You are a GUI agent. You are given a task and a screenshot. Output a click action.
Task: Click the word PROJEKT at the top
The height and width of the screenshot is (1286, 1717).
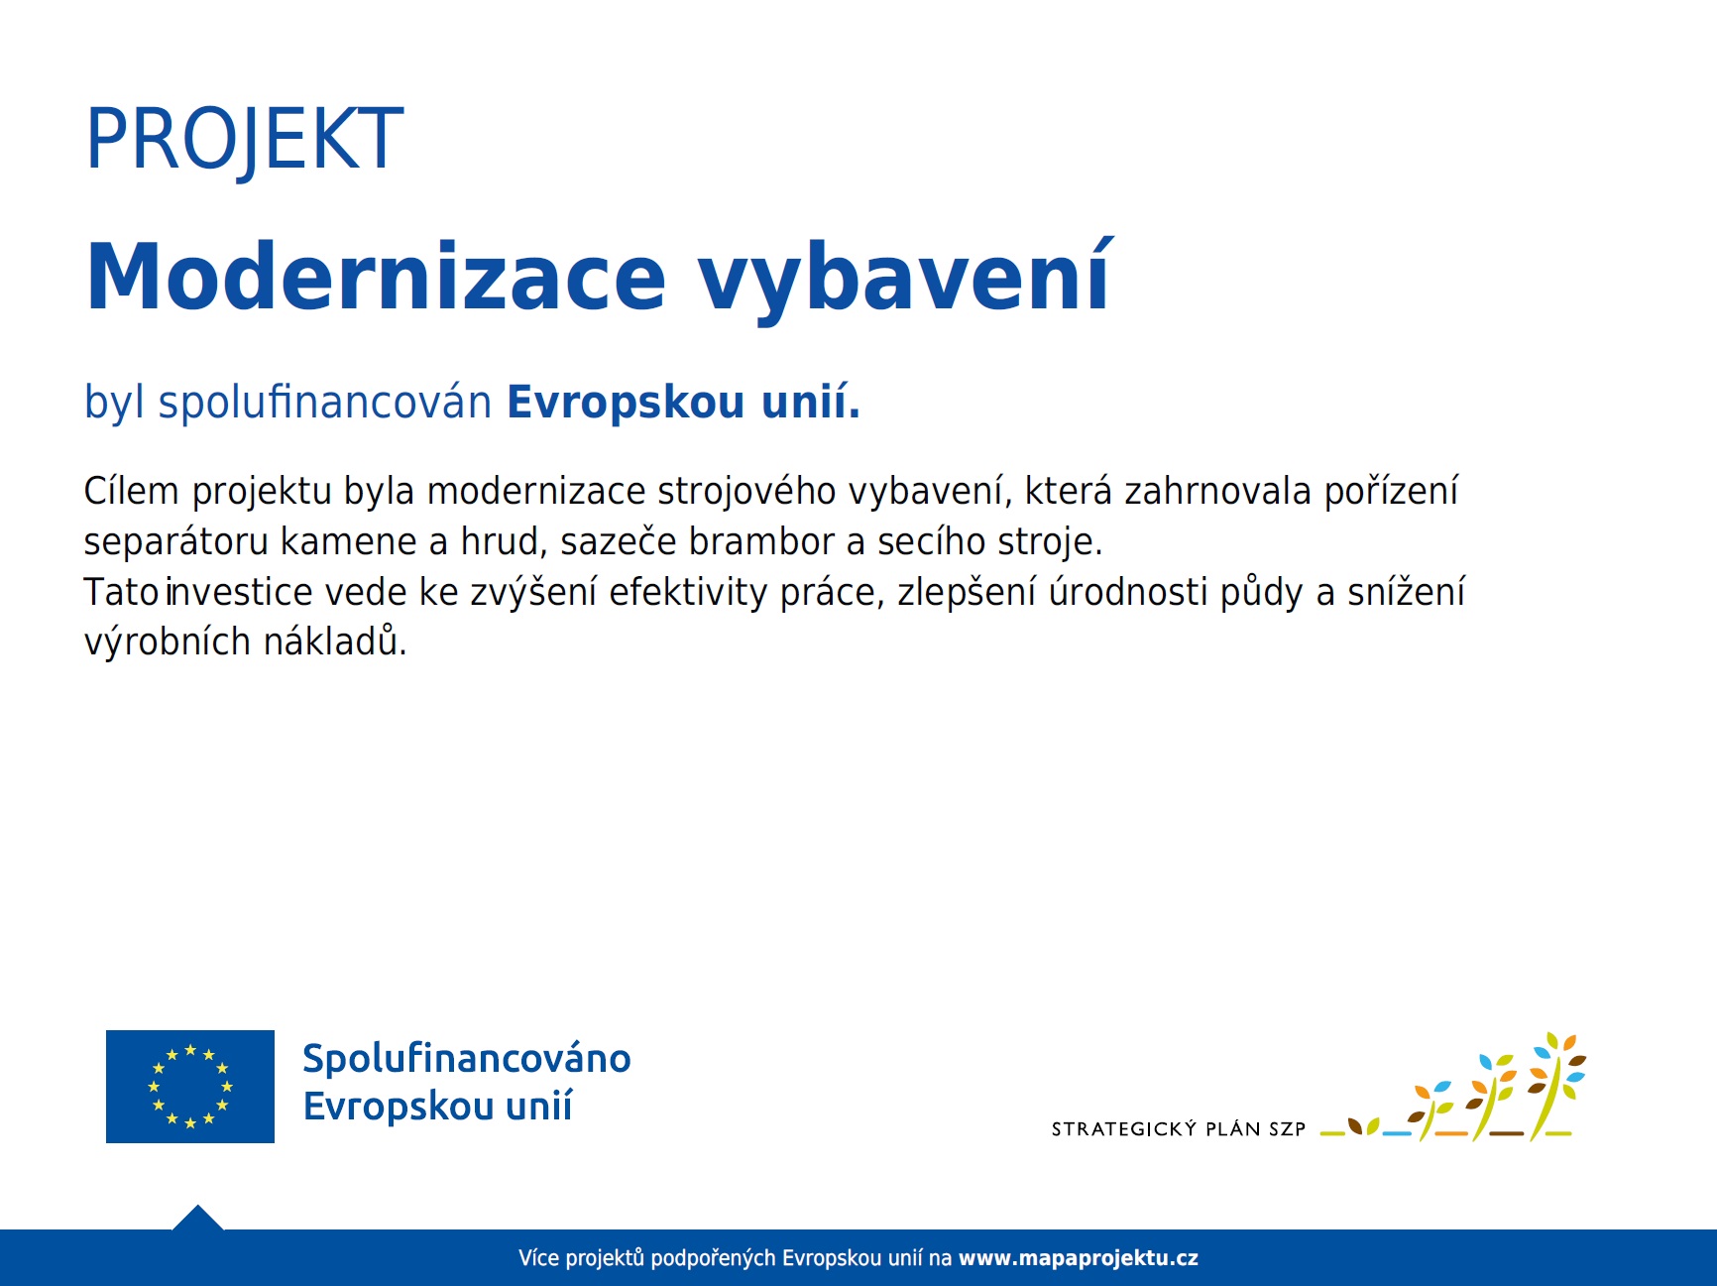[245, 140]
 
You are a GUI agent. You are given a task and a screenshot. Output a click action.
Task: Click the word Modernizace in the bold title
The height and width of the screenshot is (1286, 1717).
[377, 277]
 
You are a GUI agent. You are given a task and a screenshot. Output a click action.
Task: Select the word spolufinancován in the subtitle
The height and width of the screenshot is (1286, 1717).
[325, 403]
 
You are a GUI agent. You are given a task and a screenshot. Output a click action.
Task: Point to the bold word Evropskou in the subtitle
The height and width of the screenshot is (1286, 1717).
[626, 403]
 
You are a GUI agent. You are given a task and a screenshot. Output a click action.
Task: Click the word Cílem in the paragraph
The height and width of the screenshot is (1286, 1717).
[131, 491]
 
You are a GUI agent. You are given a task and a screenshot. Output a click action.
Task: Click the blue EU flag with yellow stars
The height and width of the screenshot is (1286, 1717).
[190, 1087]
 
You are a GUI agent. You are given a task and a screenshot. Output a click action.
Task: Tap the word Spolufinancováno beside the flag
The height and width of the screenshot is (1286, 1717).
[467, 1058]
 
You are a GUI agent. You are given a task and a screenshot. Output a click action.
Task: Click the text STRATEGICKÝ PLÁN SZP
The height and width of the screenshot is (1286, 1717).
[1179, 1129]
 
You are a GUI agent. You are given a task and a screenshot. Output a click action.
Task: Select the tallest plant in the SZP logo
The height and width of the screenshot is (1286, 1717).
[1556, 1087]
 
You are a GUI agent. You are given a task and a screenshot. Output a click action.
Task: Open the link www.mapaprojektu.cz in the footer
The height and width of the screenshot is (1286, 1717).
[1079, 1258]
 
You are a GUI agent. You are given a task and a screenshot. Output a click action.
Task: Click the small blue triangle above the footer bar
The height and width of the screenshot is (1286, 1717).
[198, 1219]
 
